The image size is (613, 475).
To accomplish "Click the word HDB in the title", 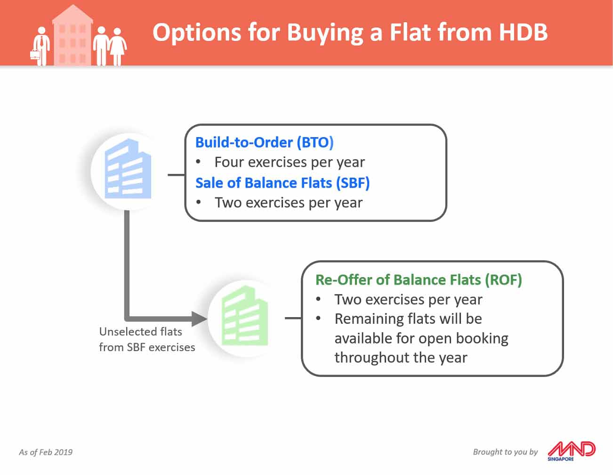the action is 523,32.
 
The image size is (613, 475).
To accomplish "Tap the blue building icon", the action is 128,169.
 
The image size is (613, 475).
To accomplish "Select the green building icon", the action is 244,316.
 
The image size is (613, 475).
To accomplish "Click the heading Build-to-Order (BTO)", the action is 264,142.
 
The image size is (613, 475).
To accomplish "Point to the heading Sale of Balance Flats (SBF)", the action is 282,183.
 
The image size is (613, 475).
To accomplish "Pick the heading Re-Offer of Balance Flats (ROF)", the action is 419,280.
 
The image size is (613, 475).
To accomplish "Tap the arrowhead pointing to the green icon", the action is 199,319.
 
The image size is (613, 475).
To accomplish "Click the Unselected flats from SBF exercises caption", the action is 147,339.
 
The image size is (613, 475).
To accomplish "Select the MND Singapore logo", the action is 571,451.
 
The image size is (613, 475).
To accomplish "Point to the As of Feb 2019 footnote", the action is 46,452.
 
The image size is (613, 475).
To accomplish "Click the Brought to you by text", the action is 505,452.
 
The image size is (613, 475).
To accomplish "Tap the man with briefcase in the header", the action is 40,46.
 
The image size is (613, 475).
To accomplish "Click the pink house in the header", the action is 73,35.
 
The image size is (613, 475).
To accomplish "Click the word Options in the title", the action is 197,33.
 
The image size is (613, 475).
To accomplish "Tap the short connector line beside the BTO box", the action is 176,175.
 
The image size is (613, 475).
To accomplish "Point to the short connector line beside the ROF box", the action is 293,318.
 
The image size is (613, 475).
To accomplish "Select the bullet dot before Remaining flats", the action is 318,319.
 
